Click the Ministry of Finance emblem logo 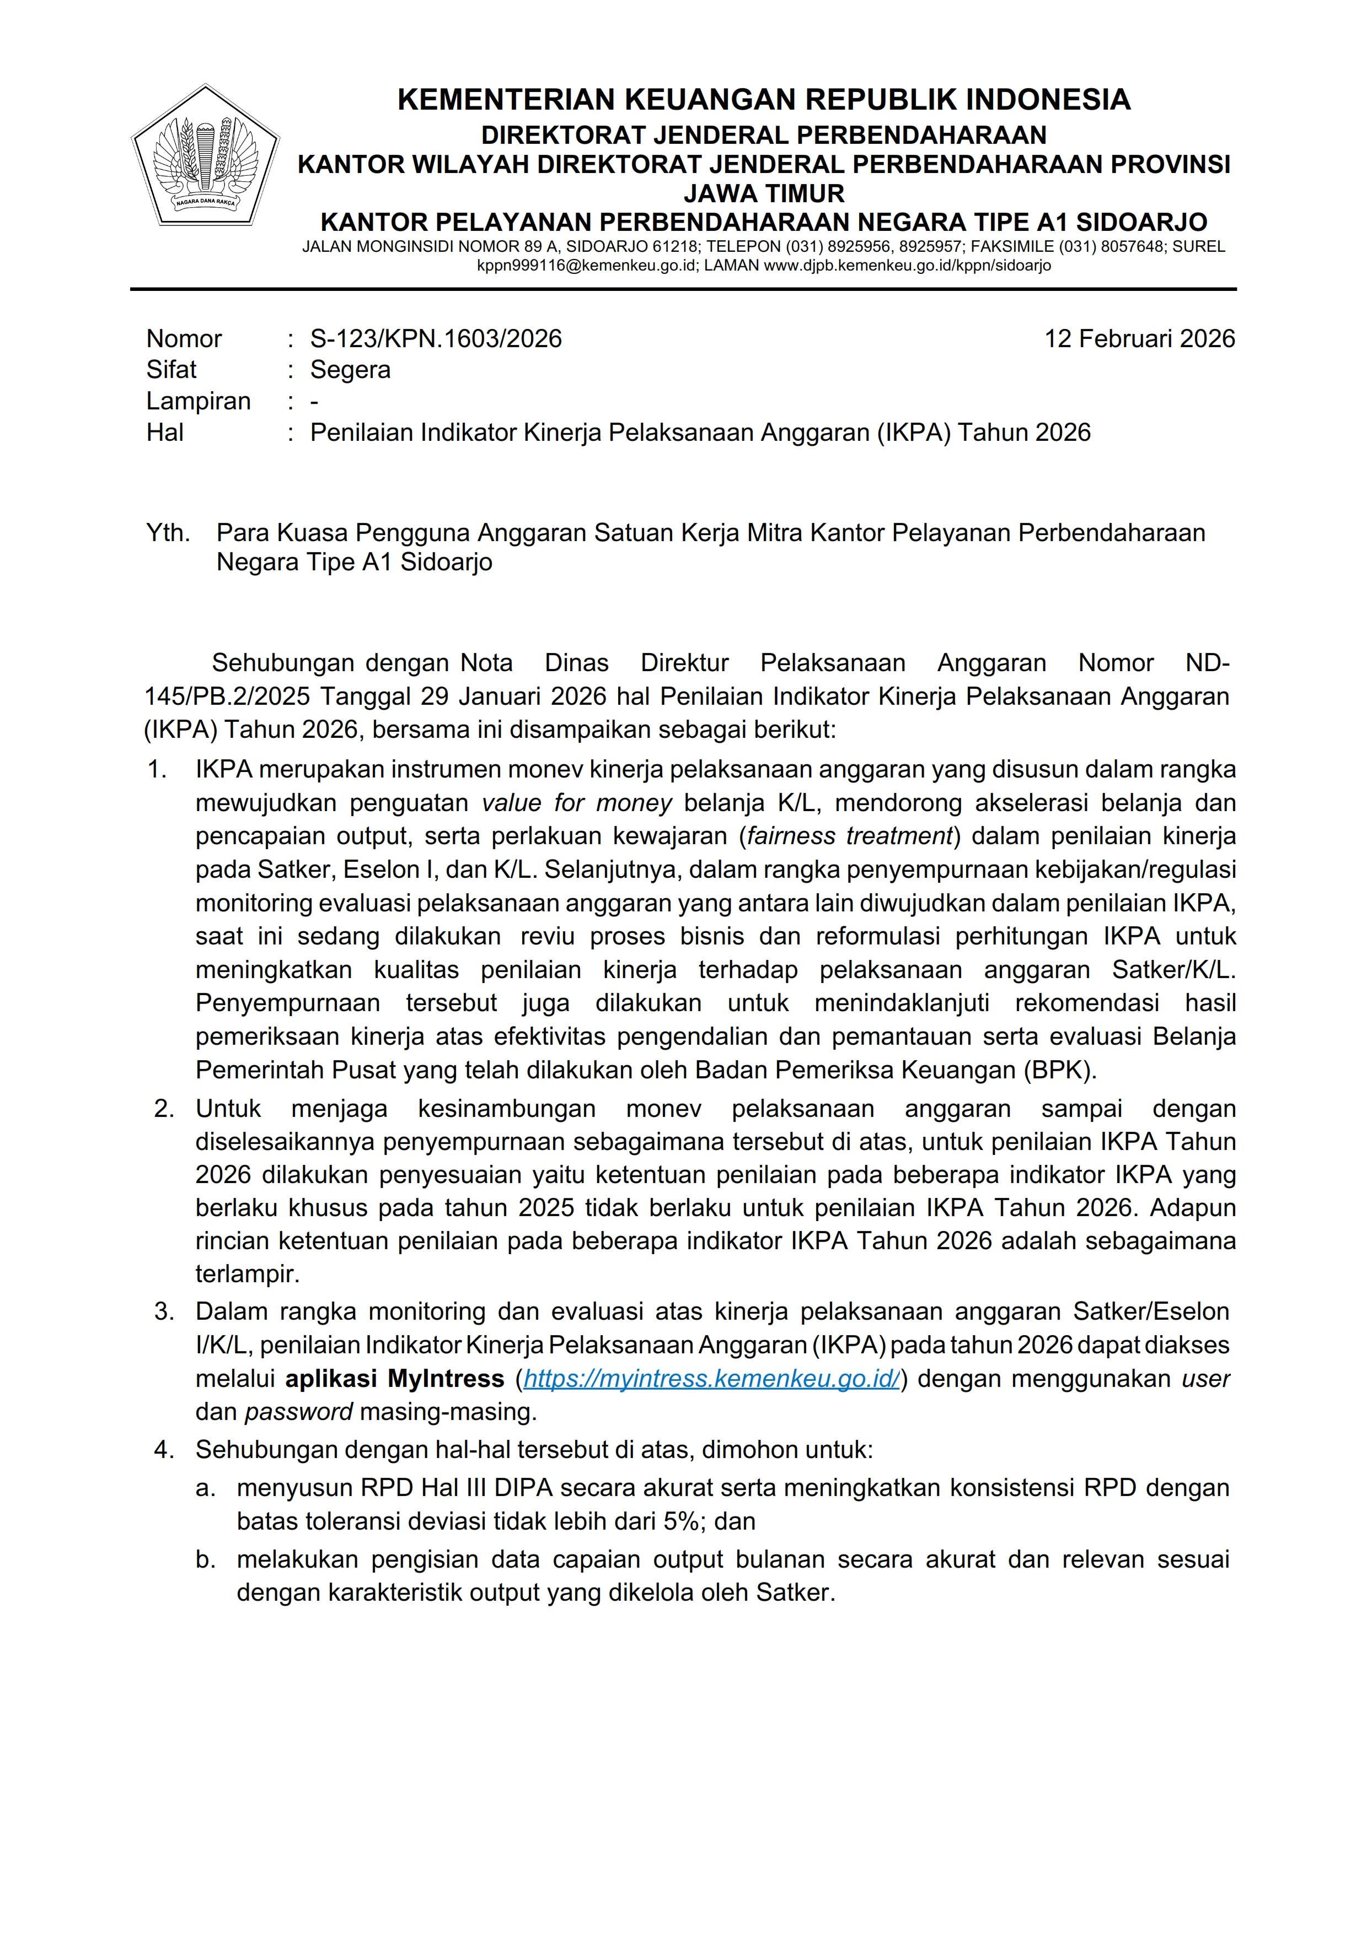(x=206, y=156)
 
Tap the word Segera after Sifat (x=350, y=370)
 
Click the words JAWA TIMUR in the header (x=763, y=193)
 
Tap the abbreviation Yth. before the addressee (x=168, y=533)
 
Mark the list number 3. (x=163, y=1311)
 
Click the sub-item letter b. (x=206, y=1559)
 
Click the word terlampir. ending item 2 (x=248, y=1274)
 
